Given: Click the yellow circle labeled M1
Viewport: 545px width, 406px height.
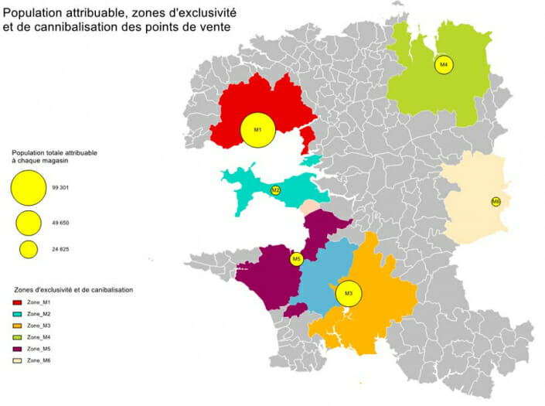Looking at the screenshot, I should click(258, 130).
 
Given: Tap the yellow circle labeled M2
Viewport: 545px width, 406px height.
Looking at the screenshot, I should click(275, 190).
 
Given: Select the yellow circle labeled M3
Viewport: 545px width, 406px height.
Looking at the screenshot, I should click(349, 293).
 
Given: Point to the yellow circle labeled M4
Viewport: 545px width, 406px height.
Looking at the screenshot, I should click(444, 65).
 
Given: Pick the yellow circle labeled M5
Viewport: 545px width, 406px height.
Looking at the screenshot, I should click(296, 260).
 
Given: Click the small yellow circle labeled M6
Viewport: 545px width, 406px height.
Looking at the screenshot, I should click(496, 202).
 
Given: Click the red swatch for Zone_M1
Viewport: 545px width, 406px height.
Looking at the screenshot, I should click(18, 302).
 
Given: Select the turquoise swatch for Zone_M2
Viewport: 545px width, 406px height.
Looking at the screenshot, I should click(18, 314).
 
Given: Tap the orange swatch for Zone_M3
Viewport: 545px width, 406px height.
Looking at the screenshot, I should click(18, 326).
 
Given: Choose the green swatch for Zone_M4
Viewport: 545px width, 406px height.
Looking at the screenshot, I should click(18, 337).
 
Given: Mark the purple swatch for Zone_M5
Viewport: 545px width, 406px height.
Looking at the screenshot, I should click(18, 349).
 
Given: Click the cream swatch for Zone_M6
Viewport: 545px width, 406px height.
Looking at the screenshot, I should click(18, 360).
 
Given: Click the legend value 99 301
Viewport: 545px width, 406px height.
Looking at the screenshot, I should click(61, 188).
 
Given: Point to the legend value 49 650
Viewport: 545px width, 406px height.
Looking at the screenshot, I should click(61, 223).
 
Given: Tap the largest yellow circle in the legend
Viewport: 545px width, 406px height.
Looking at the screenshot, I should click(29, 187).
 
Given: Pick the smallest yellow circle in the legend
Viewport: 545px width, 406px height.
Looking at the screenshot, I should click(29, 249).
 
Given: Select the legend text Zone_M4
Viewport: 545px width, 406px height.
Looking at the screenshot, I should click(38, 337).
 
